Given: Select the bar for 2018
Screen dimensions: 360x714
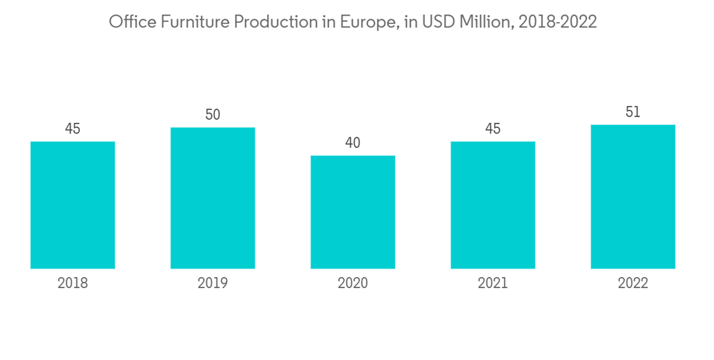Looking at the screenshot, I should pos(73,205).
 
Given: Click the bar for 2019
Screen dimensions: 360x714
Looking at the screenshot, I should pos(213,198).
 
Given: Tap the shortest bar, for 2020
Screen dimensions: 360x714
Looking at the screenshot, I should pos(353,212).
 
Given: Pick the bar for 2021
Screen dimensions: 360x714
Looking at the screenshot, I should pos(493,205).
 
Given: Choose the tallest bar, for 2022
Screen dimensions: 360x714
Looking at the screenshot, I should pos(633,196).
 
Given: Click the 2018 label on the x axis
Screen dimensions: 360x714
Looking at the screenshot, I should pos(73,284).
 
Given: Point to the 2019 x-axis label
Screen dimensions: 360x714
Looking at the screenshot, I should pos(213,284).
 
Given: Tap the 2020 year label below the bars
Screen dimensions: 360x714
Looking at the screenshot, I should pos(353,284).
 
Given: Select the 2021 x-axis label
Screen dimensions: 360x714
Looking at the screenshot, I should pos(493,284).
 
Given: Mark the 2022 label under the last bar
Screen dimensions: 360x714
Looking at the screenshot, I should pos(633,284).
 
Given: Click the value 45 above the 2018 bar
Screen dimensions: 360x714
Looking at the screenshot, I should pos(73,129).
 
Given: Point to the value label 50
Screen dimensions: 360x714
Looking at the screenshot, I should pos(213,114).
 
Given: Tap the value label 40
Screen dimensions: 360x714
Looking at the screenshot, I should pos(353,143).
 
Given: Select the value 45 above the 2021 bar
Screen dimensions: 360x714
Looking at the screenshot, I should pos(493,129).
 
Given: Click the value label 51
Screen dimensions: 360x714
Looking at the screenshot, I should pos(633,112).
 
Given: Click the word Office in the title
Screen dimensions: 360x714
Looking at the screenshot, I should pos(130,23).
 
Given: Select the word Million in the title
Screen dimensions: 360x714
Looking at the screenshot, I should pos(486,23).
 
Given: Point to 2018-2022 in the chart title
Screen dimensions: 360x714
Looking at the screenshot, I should pos(558,23).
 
